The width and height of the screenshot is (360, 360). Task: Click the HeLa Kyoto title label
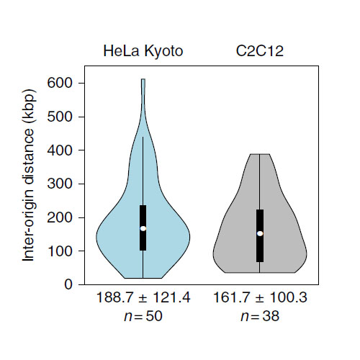pos(143,51)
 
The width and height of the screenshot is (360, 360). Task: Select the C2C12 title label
pos(260,51)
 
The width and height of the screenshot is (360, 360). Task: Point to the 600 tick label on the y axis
pos(60,84)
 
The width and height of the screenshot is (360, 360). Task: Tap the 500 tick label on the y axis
pos(60,117)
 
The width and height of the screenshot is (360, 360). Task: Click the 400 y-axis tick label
pos(60,150)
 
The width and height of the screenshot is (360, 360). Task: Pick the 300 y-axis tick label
pos(60,184)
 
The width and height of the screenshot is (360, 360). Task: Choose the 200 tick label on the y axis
pos(60,218)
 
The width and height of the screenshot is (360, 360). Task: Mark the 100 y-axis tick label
pos(60,251)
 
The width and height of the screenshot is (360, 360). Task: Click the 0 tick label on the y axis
pos(68,284)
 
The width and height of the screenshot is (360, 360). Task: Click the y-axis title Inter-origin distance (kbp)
pos(29,175)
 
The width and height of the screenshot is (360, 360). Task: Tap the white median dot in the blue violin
pos(143,228)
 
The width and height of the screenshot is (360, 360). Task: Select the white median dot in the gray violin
pos(260,233)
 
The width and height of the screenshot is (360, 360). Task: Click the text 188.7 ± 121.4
pos(143,297)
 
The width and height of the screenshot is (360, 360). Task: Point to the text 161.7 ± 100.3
pos(260,297)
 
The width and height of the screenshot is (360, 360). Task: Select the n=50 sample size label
pos(143,316)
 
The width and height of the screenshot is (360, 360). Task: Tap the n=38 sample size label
pos(260,316)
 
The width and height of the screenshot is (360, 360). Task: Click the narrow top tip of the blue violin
pos(143,79)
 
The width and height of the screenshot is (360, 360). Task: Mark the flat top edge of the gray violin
pos(260,154)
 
